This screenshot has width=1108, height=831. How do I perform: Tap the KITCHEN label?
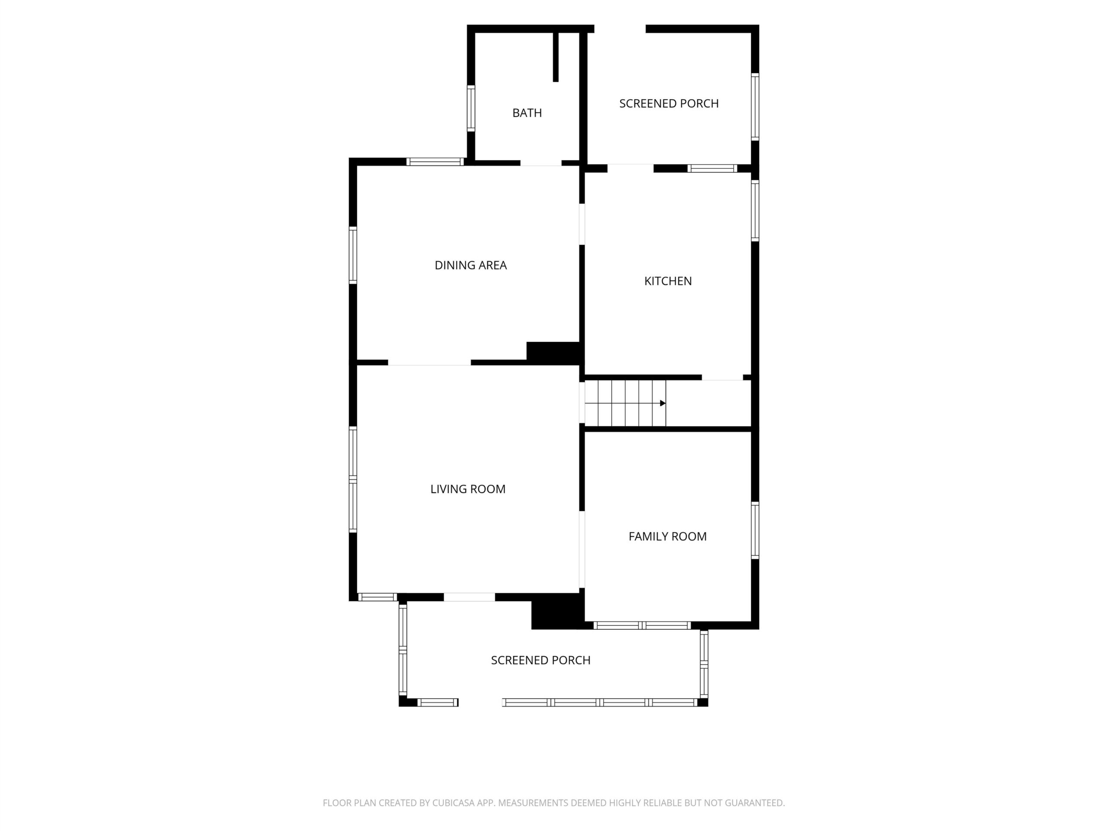(668, 281)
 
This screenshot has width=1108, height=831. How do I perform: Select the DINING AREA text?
(470, 265)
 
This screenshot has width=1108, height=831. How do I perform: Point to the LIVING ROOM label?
(468, 489)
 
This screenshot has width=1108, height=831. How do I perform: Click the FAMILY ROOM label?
(668, 536)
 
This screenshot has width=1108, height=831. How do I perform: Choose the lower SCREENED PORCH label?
(541, 660)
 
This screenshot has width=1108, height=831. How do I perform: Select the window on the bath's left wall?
(471, 109)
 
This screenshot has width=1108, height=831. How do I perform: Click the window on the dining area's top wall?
(434, 162)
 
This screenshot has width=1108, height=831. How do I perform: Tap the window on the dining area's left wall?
(353, 255)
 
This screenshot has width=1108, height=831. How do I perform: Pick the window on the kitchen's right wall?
(755, 211)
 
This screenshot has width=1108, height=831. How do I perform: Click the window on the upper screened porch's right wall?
(755, 107)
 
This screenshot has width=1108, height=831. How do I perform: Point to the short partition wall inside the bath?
(555, 57)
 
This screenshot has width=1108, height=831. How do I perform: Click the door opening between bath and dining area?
(541, 163)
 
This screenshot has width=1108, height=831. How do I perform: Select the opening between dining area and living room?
(429, 363)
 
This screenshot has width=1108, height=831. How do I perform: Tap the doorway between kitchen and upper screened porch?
(631, 168)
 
